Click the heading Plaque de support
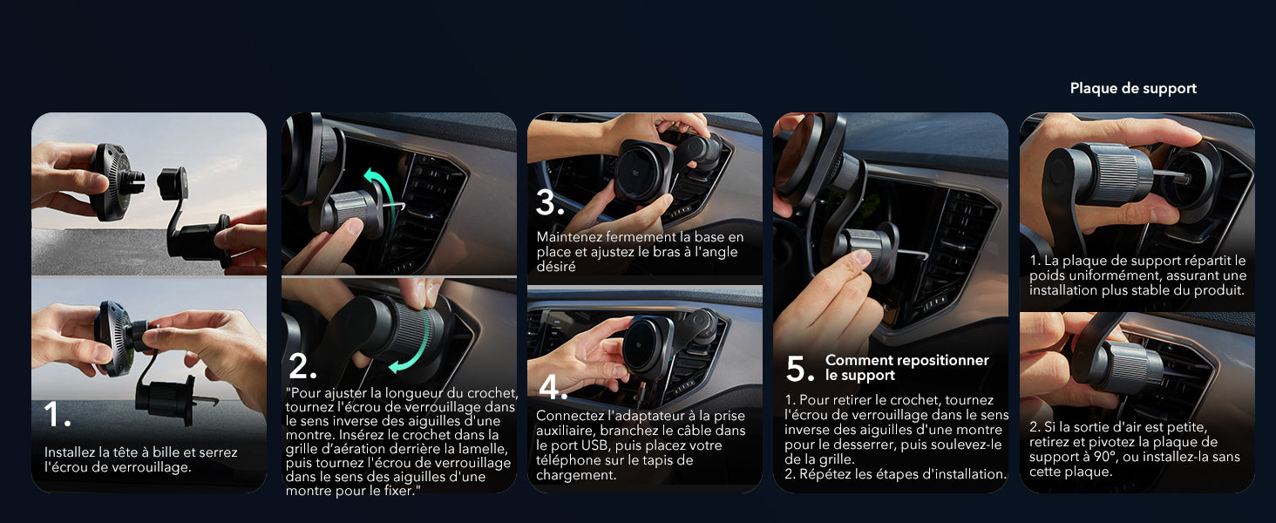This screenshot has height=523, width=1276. pyautogui.click(x=1133, y=88)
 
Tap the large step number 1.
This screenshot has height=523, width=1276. pyautogui.click(x=57, y=414)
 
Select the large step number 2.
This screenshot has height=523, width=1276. pyautogui.click(x=302, y=366)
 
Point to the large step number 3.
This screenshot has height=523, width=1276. pyautogui.click(x=550, y=203)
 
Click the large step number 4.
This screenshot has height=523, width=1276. pyautogui.click(x=553, y=387)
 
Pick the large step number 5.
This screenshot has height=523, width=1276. pyautogui.click(x=800, y=369)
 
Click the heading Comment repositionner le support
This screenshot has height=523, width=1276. pyautogui.click(x=906, y=368)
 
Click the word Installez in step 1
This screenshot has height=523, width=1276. pyautogui.click(x=70, y=452)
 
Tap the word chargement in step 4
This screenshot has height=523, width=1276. pyautogui.click(x=576, y=475)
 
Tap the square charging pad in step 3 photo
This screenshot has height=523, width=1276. pyautogui.click(x=643, y=170)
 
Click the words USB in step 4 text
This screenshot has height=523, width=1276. pyautogui.click(x=595, y=445)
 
